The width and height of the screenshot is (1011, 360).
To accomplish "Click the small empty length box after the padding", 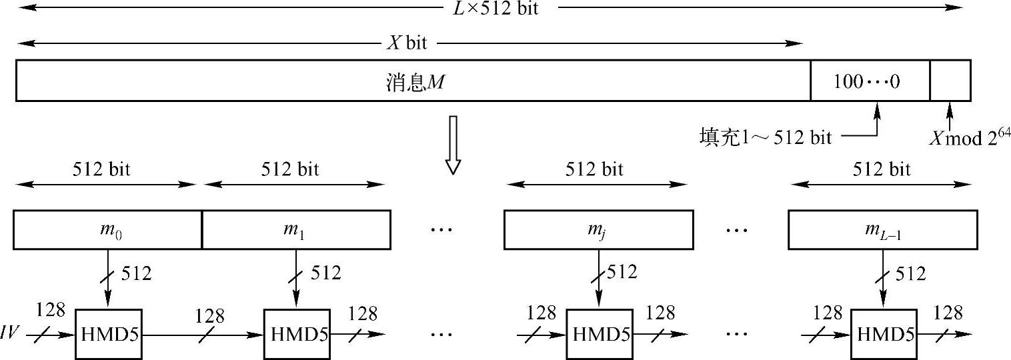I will (x=950, y=81).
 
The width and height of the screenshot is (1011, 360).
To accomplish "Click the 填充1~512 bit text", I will (x=765, y=137).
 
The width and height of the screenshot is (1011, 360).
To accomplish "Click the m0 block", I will (x=107, y=230).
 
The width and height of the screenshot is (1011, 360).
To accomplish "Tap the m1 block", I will (x=296, y=230).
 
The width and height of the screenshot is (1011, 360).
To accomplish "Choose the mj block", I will (x=598, y=230).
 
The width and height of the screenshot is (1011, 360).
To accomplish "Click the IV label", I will (x=12, y=331).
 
